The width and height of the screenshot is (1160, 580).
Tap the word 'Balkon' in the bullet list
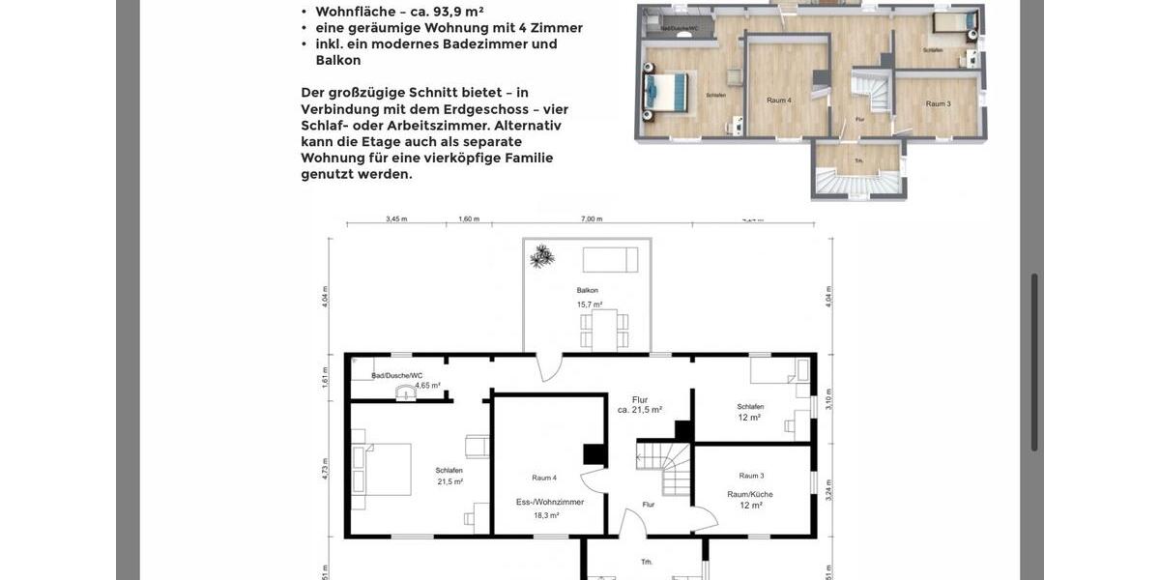pos(338,60)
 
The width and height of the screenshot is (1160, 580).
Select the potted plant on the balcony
pos(541,256)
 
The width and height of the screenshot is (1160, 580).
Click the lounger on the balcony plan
pos(610,259)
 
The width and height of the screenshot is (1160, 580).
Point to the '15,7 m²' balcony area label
pos(589,304)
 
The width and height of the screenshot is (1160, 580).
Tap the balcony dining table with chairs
pos(604,330)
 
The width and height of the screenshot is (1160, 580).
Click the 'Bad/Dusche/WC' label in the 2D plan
pos(397,375)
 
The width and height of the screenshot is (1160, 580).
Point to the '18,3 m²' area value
pos(546,515)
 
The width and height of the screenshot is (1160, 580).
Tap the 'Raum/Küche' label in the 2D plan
pos(750,494)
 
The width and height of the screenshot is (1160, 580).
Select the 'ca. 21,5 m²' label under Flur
pos(639,410)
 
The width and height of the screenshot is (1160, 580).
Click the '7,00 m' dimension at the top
pos(591,219)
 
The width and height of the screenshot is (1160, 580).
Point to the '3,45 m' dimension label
pos(396,219)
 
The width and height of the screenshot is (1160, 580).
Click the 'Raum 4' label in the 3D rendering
pos(778,101)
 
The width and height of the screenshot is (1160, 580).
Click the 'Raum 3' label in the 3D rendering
pos(938,103)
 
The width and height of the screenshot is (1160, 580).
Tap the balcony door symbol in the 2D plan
pos(548,366)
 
